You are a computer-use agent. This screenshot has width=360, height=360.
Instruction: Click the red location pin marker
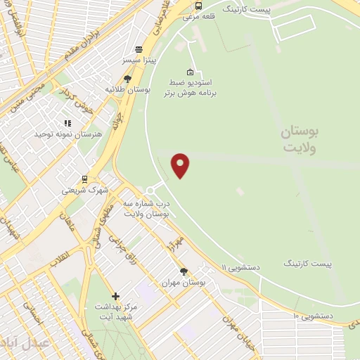tap(181, 165)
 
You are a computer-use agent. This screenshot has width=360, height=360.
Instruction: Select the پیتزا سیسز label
tap(139, 63)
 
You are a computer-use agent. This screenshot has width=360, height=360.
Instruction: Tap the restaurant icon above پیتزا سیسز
tap(139, 50)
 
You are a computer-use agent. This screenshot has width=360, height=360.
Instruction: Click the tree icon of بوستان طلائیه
tap(127, 79)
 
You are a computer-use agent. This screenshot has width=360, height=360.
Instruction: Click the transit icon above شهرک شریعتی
tap(84, 179)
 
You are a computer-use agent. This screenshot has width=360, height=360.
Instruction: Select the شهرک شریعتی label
tap(84, 190)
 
